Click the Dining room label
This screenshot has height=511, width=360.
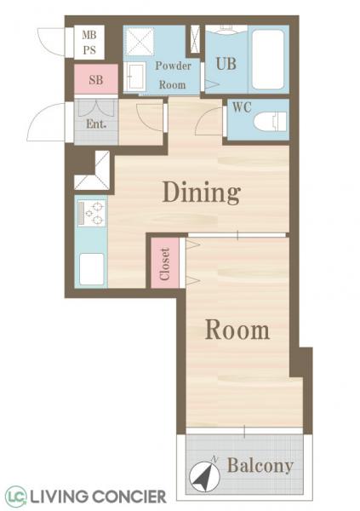click(x=201, y=192)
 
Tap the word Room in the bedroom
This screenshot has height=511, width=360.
click(x=237, y=330)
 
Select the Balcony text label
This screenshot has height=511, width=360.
click(x=260, y=466)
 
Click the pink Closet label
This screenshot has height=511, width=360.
click(x=165, y=263)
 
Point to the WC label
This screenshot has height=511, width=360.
click(x=241, y=109)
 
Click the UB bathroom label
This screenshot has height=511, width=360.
click(x=226, y=63)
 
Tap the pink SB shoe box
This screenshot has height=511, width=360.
click(x=89, y=81)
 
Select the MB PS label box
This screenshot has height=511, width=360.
click(x=89, y=43)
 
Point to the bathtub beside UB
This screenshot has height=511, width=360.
click(x=268, y=60)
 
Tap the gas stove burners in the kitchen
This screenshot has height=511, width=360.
click(x=91, y=212)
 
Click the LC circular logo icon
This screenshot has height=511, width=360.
click(x=15, y=496)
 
